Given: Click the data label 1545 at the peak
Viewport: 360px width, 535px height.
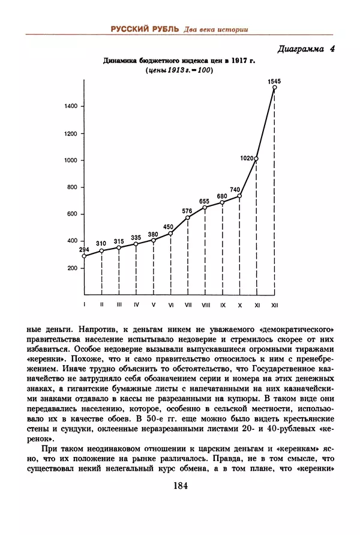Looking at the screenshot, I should click(x=274, y=80).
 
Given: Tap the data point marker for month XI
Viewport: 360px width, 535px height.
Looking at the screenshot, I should click(x=257, y=159).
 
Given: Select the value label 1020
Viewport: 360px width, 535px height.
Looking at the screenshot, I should click(x=246, y=159).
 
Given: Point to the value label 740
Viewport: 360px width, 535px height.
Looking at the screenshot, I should click(x=235, y=190).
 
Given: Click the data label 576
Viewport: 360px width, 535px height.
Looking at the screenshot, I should click(x=187, y=211).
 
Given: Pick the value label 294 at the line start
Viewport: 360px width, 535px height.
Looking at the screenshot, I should click(x=84, y=249).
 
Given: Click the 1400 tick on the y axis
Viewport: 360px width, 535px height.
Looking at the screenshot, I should click(x=70, y=106).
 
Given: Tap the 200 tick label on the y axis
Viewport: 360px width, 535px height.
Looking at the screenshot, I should click(x=71, y=268).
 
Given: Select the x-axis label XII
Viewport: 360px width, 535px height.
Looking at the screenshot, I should click(x=274, y=305).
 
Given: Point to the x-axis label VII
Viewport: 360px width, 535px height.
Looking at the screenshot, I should click(x=188, y=305).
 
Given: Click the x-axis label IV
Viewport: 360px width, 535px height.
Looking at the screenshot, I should click(x=136, y=305).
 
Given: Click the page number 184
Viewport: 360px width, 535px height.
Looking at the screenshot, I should click(x=180, y=486).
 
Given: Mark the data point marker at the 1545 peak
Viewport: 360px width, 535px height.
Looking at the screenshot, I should click(x=274, y=88).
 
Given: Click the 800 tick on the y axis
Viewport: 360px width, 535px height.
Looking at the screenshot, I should click(x=71, y=187).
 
